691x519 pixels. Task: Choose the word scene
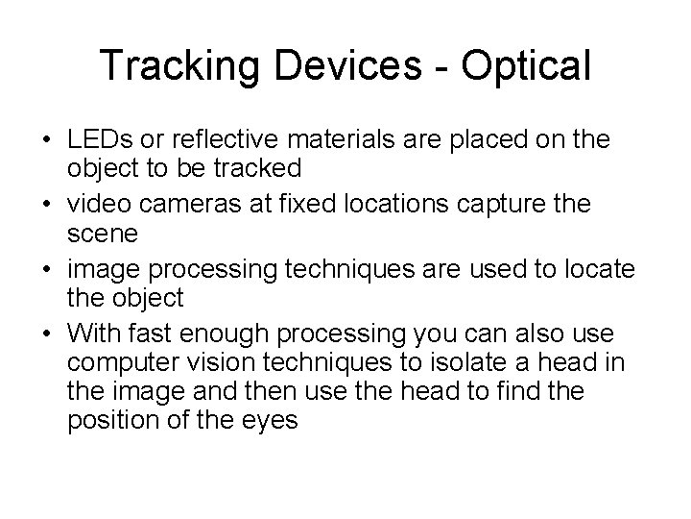(x=99, y=234)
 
